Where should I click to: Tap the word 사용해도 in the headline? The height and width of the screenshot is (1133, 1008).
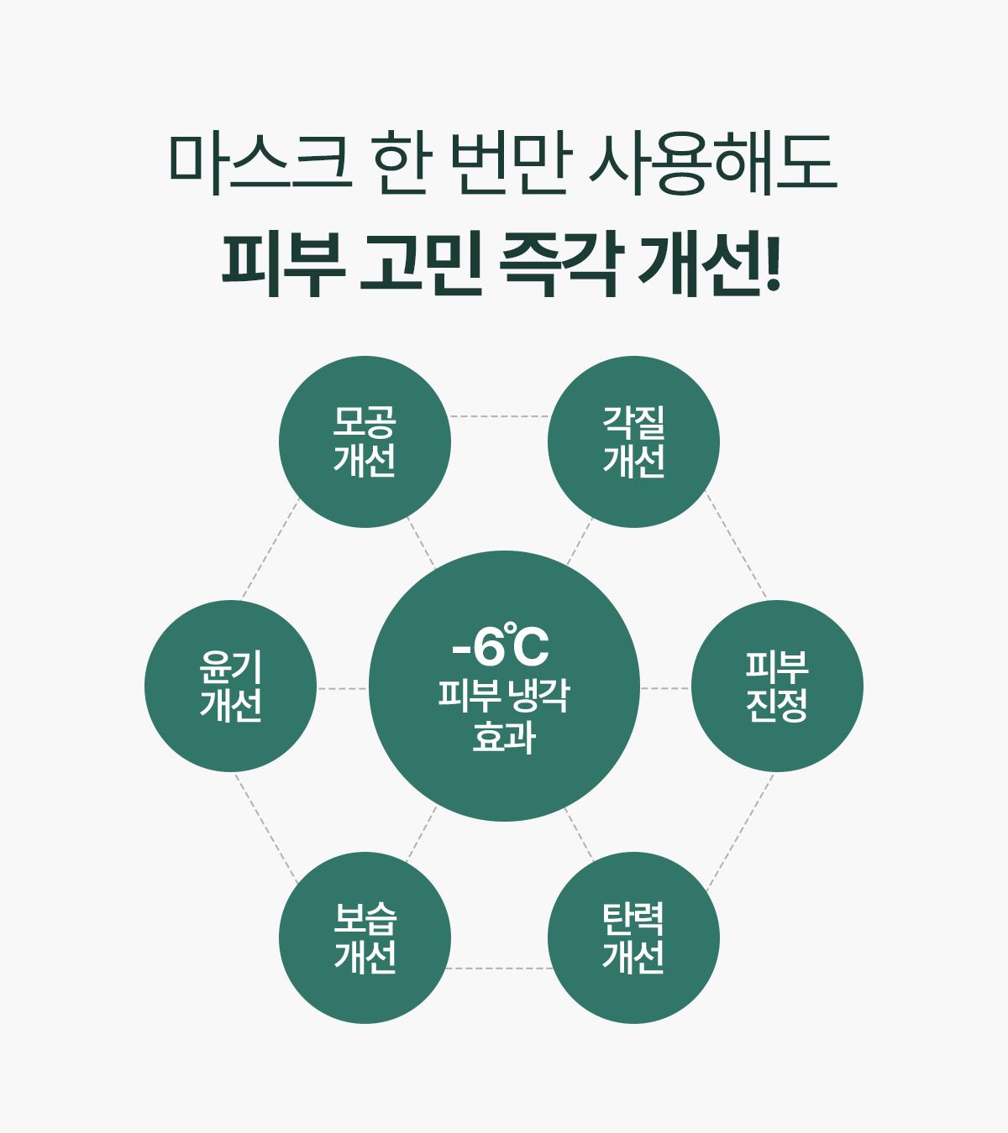pos(713,163)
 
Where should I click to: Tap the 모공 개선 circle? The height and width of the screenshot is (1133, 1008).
pos(365,442)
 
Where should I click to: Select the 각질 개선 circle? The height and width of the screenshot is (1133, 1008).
pos(633,442)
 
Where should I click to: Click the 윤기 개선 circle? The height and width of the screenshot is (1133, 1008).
pos(230,687)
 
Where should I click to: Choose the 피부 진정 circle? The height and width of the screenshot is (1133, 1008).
pos(777,687)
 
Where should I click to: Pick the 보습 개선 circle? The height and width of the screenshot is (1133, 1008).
pos(365,937)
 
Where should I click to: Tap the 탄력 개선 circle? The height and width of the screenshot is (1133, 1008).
pos(633,937)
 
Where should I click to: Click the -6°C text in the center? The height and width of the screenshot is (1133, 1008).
pos(501,647)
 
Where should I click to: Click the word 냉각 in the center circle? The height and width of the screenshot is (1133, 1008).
pos(538,695)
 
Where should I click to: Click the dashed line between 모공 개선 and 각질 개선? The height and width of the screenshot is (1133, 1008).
pos(499,416)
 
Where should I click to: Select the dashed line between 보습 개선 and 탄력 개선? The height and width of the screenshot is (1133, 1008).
pos(499,969)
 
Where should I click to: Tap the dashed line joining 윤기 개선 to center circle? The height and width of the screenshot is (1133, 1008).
pos(343,689)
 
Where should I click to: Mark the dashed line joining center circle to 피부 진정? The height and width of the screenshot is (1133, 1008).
pos(665,689)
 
